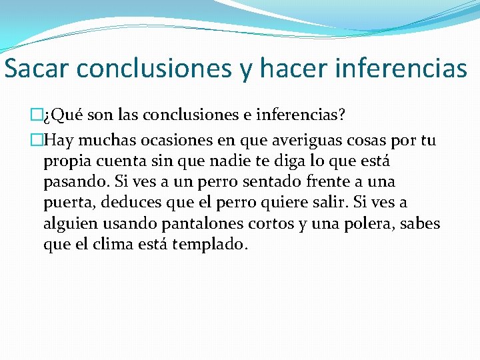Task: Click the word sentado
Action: (241, 181)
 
